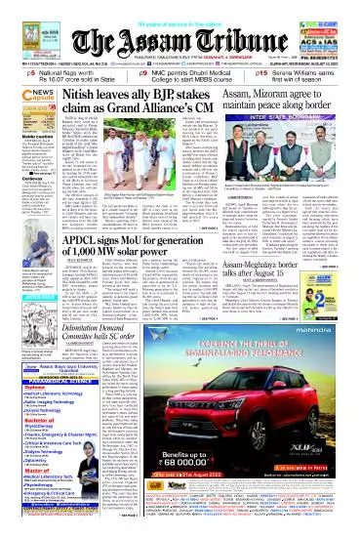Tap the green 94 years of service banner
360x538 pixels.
181,8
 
